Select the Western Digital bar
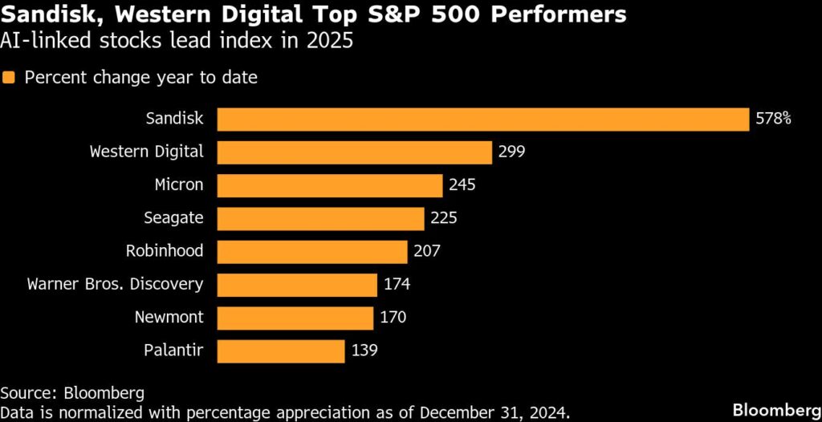354,152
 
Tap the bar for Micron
330,185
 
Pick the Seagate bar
320,218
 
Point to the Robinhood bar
312,251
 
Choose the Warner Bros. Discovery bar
297,284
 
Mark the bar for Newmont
295,317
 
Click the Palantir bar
281,351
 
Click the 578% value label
774,119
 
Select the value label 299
511,152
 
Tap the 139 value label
364,351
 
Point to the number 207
427,251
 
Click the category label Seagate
175,218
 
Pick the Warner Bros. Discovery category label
115,284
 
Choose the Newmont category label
169,317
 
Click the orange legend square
9,78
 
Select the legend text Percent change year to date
140,78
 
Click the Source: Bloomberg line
72,393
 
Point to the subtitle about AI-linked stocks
176,41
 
